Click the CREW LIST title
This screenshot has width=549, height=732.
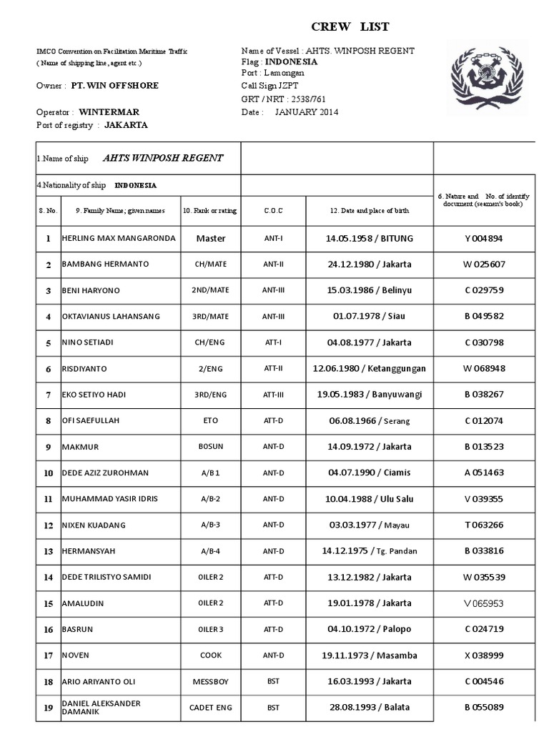tap(350, 27)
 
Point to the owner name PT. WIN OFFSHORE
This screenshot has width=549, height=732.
tap(114, 86)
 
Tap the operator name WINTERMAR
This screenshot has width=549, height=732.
tap(109, 112)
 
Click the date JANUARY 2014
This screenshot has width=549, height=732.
tap(306, 112)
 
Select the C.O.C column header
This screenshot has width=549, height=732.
tap(273, 211)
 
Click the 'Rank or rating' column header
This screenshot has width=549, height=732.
tap(210, 211)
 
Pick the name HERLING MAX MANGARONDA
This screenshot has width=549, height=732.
tap(119, 238)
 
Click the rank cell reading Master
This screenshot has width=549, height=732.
tap(210, 238)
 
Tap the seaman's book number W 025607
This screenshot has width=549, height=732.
tap(484, 264)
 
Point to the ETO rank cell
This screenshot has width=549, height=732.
tap(210, 421)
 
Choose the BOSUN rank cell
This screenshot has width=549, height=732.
tap(210, 447)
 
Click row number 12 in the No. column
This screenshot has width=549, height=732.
tap(49, 525)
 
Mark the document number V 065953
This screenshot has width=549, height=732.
tap(484, 603)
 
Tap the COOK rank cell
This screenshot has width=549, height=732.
tap(210, 656)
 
